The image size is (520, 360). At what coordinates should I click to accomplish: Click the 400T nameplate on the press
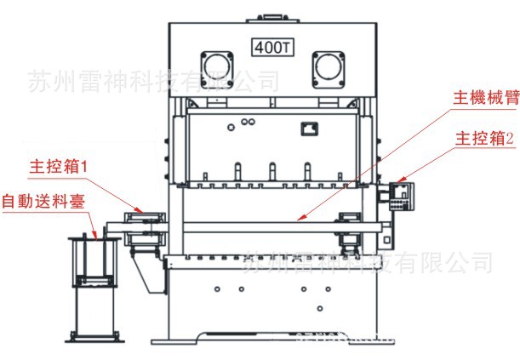coord(271,46)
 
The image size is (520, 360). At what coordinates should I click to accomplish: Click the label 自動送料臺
coord(37,202)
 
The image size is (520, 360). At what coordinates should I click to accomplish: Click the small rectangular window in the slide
coord(307,129)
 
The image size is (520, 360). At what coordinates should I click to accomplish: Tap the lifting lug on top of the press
coord(271,14)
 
